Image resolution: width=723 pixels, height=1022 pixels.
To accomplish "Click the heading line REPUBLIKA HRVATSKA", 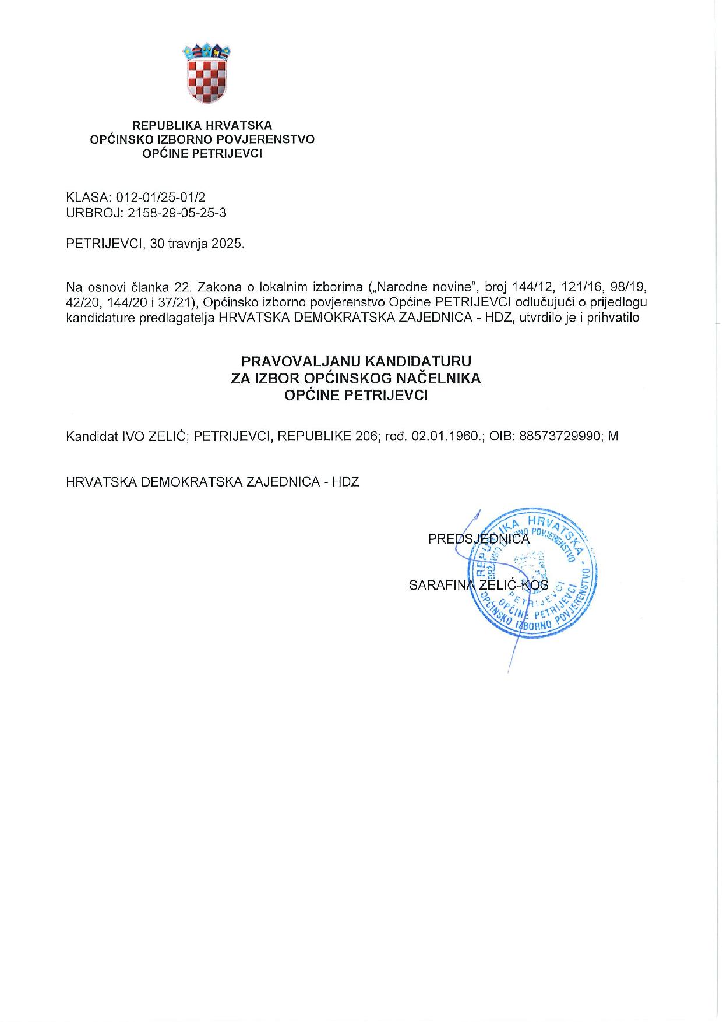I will pyautogui.click(x=202, y=125).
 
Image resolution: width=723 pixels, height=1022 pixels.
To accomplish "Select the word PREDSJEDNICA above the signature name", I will pyautogui.click(x=479, y=539).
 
